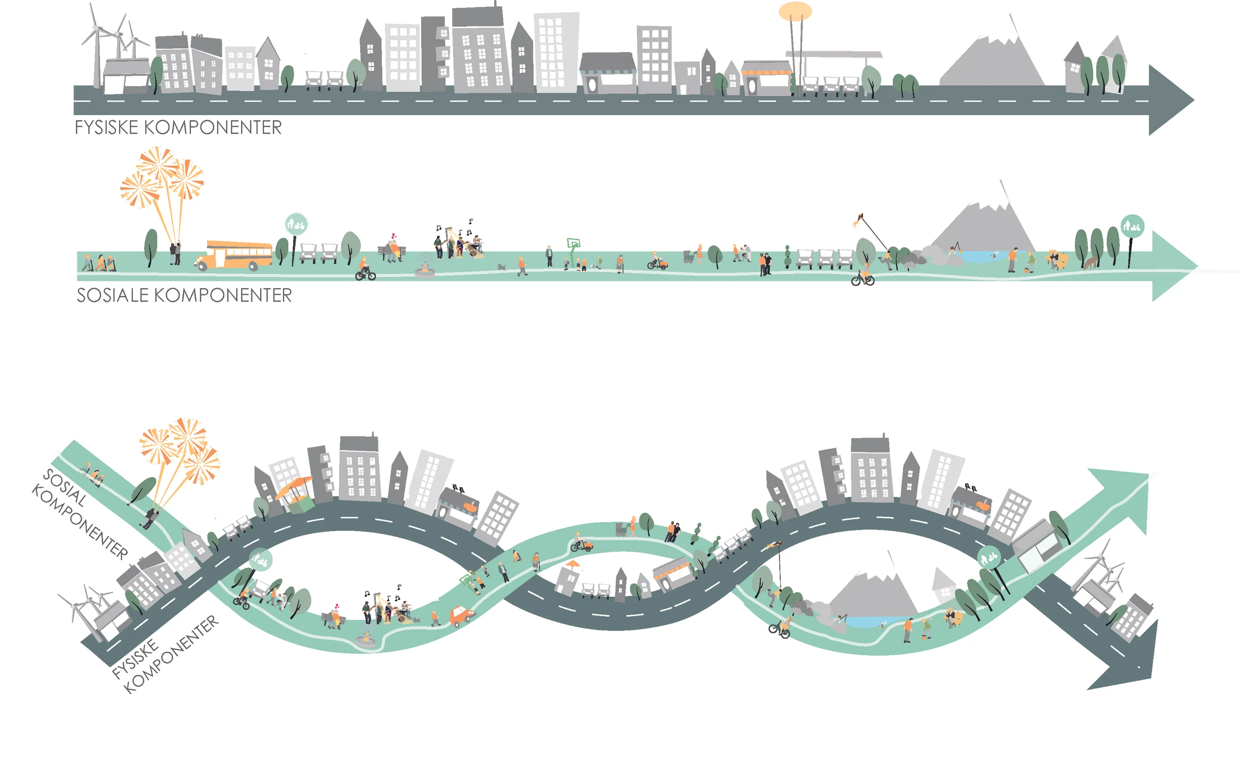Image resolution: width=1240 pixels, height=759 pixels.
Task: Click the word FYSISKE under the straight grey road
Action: click(106, 128)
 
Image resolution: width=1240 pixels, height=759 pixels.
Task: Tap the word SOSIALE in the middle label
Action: click(112, 295)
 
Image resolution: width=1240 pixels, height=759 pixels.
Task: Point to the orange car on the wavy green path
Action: click(460, 616)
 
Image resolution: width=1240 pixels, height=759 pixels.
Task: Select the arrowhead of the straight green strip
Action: click(1173, 266)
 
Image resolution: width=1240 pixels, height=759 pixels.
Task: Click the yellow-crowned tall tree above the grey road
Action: click(795, 12)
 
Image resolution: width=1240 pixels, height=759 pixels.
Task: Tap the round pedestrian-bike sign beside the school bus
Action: click(296, 225)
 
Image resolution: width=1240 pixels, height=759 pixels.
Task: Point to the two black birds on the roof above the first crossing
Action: click(458, 487)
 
